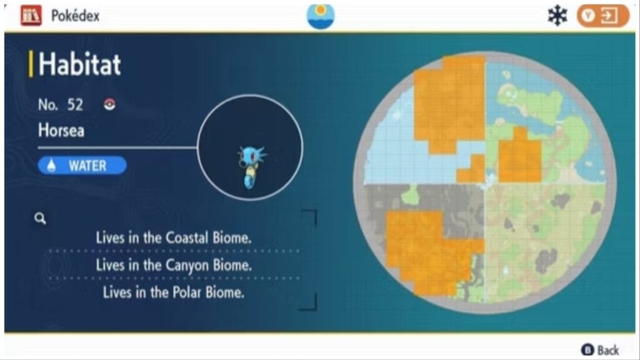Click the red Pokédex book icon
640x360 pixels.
click(31, 16)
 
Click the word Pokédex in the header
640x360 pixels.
click(75, 16)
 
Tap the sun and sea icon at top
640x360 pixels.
click(321, 16)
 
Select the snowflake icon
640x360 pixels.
click(556, 16)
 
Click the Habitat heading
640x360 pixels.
click(79, 65)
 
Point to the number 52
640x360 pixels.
click(75, 104)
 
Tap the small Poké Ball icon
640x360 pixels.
click(109, 104)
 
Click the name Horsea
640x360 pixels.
click(61, 131)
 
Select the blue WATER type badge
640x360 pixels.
click(82, 165)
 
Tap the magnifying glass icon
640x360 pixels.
click(41, 218)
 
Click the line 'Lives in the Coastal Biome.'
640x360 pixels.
click(173, 238)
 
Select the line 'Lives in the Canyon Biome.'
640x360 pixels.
click(174, 265)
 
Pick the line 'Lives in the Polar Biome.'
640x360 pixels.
click(173, 292)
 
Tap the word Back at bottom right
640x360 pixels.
click(608, 349)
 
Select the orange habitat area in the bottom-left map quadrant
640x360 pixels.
click(425, 250)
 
